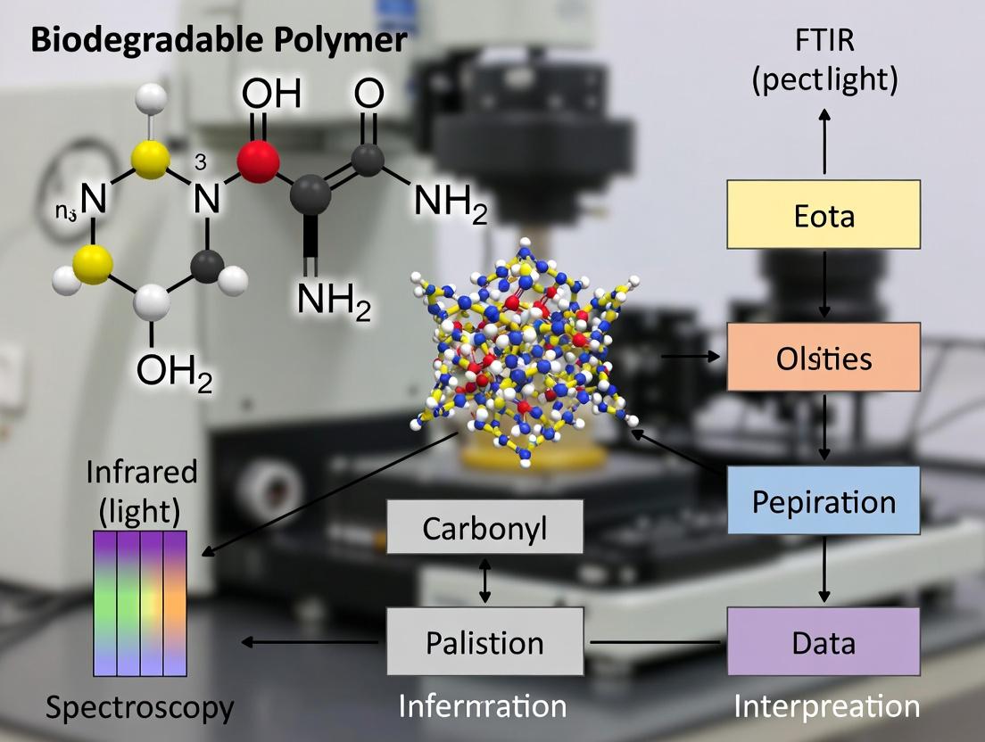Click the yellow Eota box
(x=824, y=214)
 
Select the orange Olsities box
(x=824, y=357)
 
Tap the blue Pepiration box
(x=824, y=500)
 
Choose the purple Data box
(x=824, y=641)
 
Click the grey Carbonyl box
(x=484, y=528)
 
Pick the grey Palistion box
(x=484, y=641)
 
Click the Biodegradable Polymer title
(x=219, y=41)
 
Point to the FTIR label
(x=824, y=42)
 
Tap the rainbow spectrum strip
(x=140, y=602)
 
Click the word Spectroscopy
(x=140, y=708)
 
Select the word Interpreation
(x=826, y=706)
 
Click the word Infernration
(x=482, y=706)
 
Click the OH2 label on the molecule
(x=174, y=370)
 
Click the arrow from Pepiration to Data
(x=824, y=571)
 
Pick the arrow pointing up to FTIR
(x=824, y=143)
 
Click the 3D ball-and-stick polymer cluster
(x=526, y=357)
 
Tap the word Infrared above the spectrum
(x=142, y=473)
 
